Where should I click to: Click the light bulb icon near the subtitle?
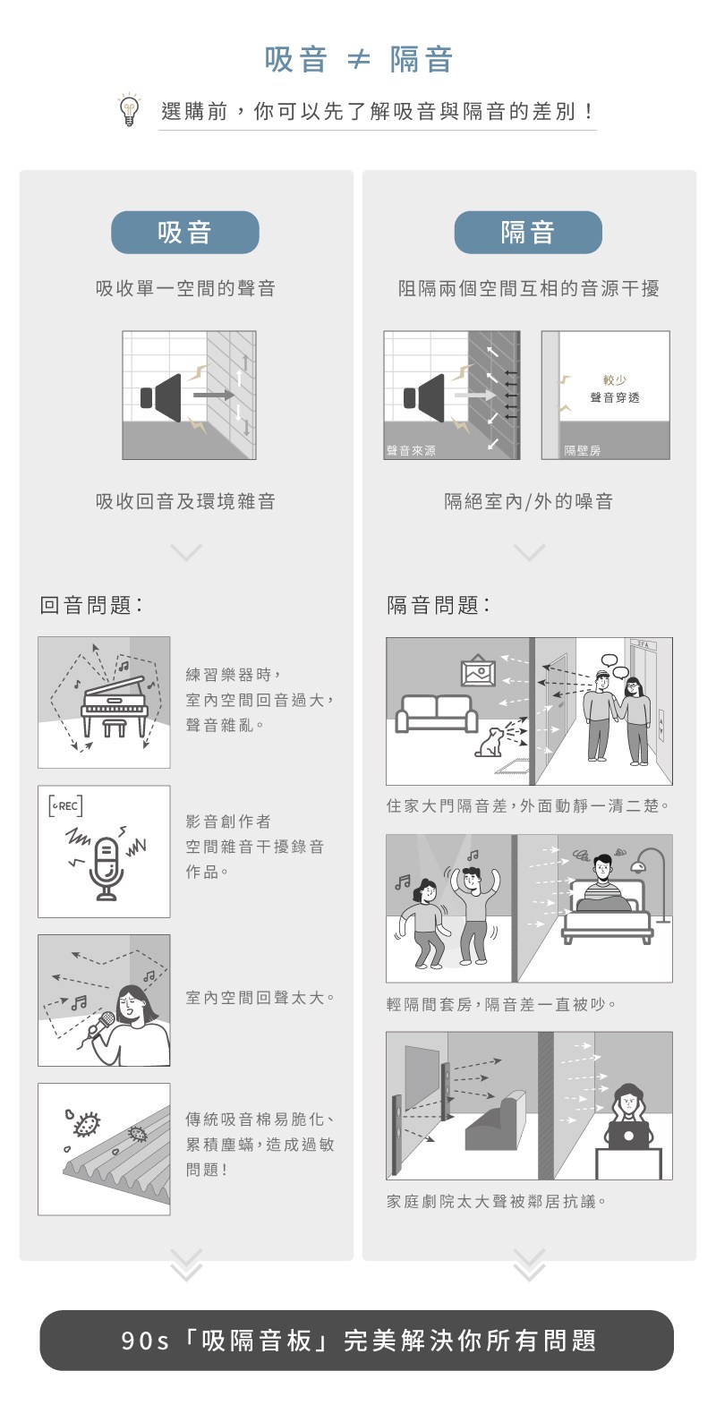point(129,110)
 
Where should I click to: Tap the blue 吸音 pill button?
point(185,232)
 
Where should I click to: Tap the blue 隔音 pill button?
point(528,232)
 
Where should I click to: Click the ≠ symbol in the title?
point(358,60)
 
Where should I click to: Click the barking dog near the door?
point(490,741)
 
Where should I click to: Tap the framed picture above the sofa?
point(478,671)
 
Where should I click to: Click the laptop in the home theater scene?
point(628,1136)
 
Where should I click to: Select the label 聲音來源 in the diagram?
point(411,450)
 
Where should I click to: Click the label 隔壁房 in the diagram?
point(583,450)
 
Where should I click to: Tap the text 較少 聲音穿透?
point(614,389)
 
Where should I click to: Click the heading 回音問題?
point(91,605)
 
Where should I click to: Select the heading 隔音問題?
point(439,605)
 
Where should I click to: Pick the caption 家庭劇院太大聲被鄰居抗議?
point(496,1201)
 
